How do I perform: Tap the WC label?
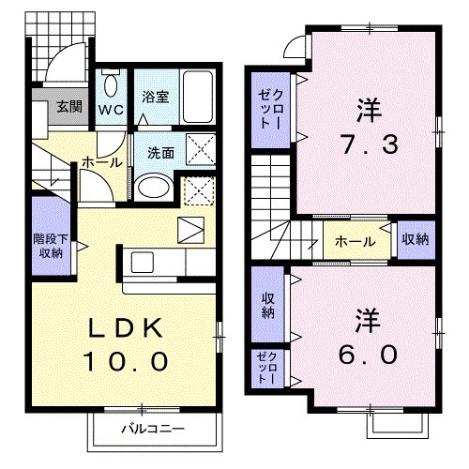(112, 108)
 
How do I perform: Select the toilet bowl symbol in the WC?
(111, 87)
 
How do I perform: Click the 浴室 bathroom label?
(155, 96)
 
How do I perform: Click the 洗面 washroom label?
(159, 153)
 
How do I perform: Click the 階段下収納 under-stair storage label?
(49, 246)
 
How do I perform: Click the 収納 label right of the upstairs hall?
(414, 239)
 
